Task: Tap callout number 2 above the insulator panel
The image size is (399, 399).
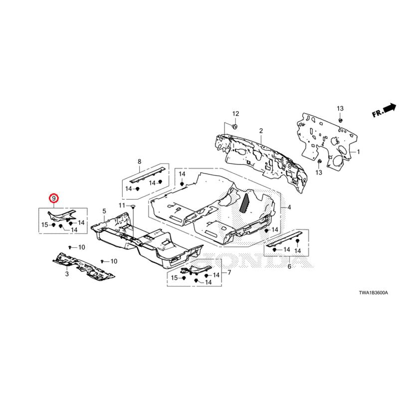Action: coord(260,131)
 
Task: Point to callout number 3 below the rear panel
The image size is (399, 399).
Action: coord(66,274)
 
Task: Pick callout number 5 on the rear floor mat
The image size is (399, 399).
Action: coord(104,211)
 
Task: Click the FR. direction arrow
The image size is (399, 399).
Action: coord(384,110)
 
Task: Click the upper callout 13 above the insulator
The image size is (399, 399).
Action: coord(340,108)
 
